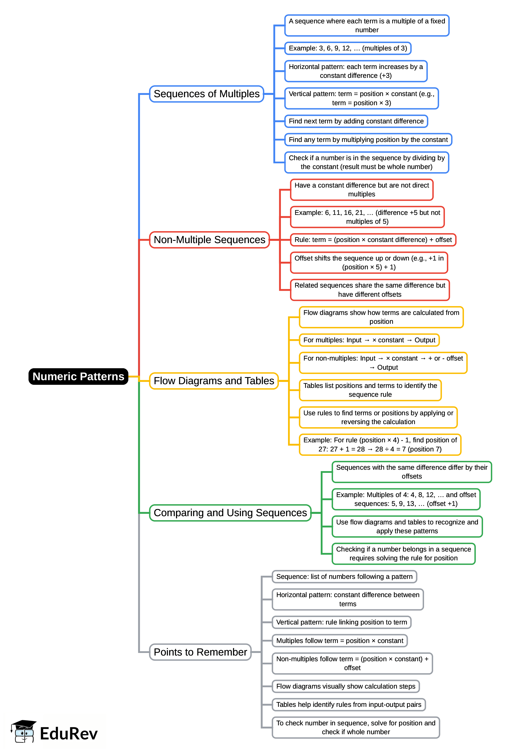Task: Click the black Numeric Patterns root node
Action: (78, 376)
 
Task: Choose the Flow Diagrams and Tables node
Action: (214, 381)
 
